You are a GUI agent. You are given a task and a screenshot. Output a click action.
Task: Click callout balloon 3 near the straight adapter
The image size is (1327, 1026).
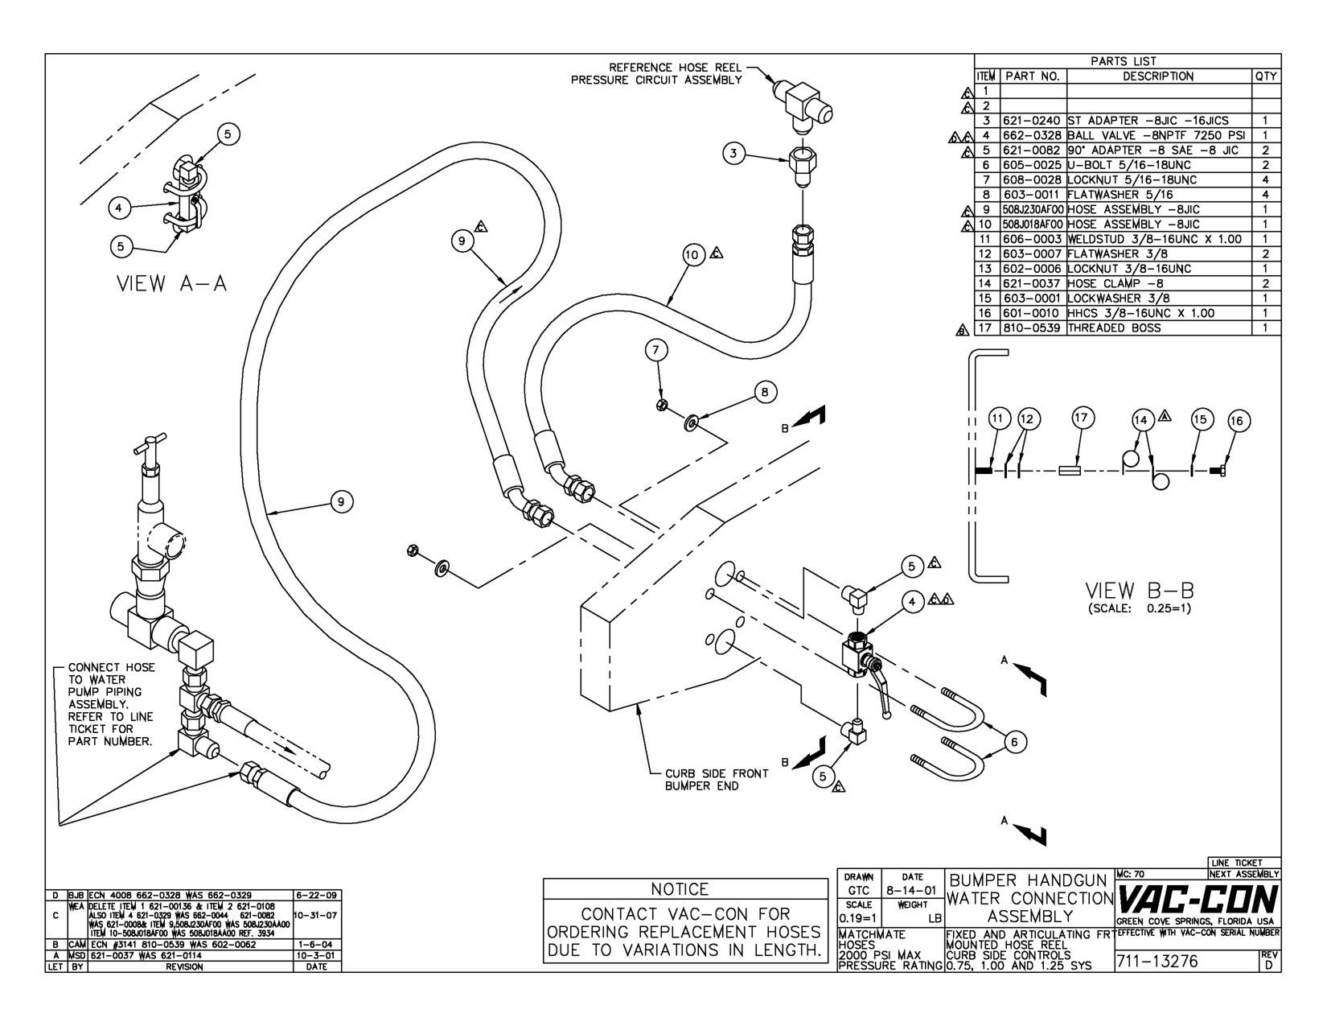coord(733,154)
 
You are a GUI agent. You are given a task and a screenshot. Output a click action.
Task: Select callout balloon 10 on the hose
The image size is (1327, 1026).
coord(693,255)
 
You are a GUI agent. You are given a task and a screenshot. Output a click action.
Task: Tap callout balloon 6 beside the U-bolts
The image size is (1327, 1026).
coord(1016,742)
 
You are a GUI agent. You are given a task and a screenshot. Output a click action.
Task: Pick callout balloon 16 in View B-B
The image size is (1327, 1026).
coord(1238,421)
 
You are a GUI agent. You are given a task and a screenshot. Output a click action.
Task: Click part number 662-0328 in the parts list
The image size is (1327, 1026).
coord(1033,135)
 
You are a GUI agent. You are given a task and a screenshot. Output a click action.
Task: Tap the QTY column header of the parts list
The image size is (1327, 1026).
coord(1265,76)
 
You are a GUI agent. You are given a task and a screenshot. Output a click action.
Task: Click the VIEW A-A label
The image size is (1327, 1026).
coord(172,284)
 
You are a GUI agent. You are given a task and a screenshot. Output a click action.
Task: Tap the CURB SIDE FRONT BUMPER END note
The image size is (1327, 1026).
coord(716,779)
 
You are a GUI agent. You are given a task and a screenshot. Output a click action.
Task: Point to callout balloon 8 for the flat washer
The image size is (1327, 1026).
coord(765,392)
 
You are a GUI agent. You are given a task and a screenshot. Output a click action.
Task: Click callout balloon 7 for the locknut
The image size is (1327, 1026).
coord(656,349)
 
